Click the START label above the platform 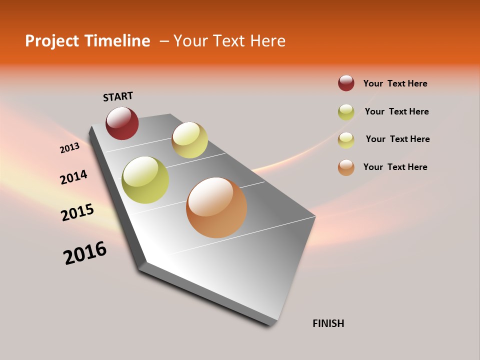tap(118, 96)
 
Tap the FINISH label tap(328, 323)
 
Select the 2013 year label tap(69, 148)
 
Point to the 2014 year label tap(73, 177)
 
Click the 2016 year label tap(85, 253)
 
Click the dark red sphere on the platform tap(122, 123)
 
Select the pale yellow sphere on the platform tap(189, 140)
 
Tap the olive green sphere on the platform tap(145, 180)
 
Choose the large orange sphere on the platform tap(216, 207)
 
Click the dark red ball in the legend tap(346, 83)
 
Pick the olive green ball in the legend tap(346, 112)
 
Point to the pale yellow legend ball tap(346, 140)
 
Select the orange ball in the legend tap(346, 167)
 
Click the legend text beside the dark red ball tap(395, 83)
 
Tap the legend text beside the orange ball tap(395, 167)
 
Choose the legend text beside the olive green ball tap(396, 111)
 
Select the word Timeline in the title tap(118, 41)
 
